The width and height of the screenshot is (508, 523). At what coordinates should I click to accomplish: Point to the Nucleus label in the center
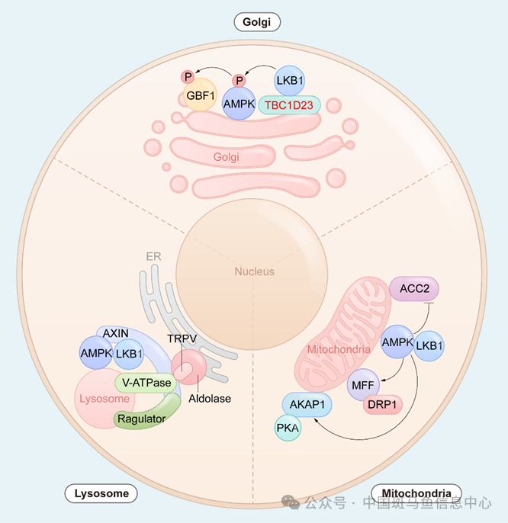(254, 271)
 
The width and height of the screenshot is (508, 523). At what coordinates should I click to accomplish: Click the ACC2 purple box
(413, 287)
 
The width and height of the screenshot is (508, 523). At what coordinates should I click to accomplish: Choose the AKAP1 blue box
(307, 405)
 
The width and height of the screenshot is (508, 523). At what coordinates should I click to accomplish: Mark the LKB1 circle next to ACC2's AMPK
(429, 345)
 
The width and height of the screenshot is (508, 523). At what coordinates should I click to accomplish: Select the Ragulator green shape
(142, 418)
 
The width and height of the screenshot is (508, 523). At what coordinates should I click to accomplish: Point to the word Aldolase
(211, 398)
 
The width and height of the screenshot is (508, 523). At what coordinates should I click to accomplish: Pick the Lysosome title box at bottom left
(101, 493)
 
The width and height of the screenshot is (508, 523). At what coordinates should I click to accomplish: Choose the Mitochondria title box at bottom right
(416, 493)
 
